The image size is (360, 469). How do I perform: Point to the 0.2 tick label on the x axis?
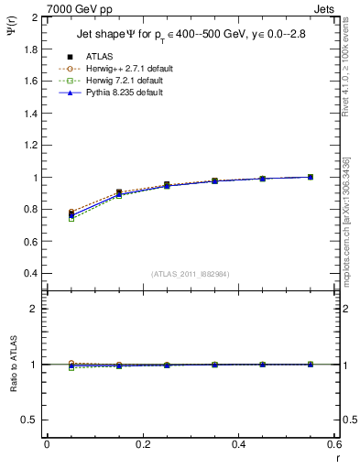142,444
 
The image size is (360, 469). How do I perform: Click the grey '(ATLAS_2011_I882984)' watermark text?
191,273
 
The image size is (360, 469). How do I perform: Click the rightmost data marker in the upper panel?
311,177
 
